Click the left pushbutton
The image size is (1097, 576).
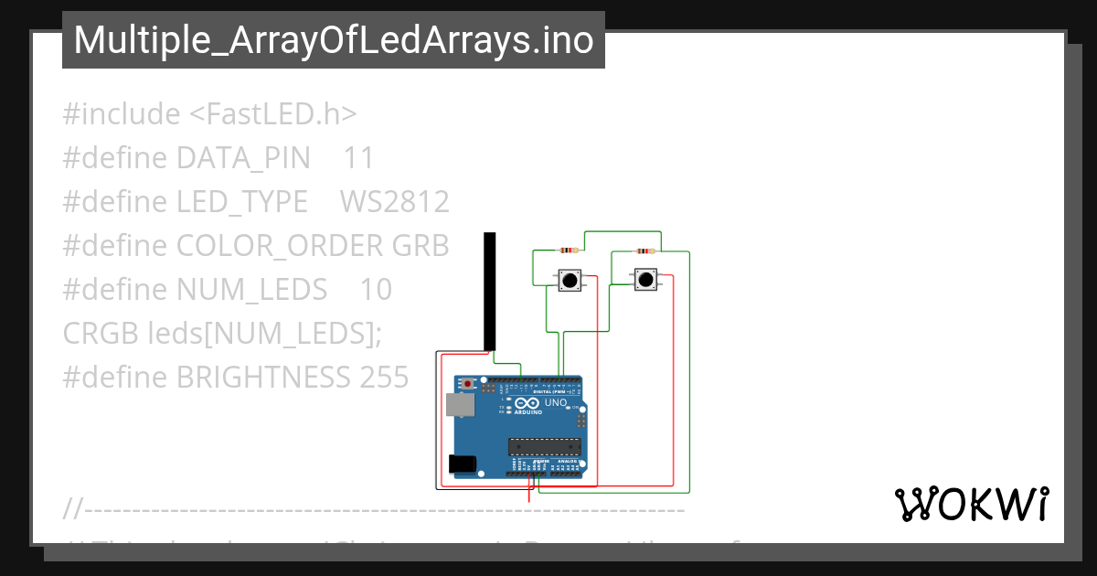[570, 280]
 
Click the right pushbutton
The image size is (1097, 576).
[646, 279]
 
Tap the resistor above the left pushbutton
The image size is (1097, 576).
[569, 251]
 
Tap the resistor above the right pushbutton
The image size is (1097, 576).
[645, 251]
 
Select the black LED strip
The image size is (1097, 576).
[490, 291]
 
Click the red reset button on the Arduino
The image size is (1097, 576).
[469, 383]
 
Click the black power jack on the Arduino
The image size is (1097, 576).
[463, 464]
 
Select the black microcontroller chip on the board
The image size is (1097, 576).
[545, 446]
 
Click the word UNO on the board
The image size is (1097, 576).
[556, 403]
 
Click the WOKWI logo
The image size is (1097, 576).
[971, 505]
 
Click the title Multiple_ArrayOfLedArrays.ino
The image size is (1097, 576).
[333, 40]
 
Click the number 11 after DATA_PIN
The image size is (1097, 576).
[358, 158]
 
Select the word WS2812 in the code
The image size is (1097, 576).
[394, 202]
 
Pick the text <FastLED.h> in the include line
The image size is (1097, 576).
[272, 114]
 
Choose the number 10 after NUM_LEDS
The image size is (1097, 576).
[375, 290]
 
